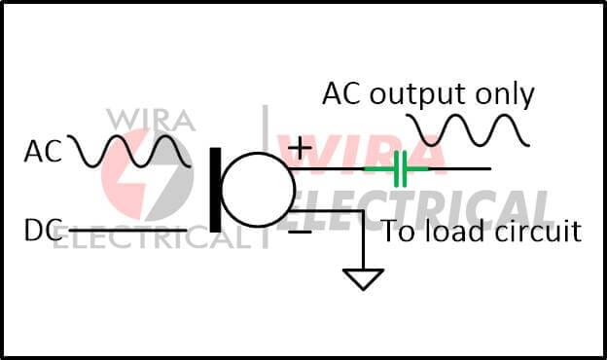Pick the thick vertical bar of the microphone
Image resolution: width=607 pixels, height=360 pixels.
point(215,189)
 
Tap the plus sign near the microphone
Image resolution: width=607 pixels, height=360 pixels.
point(301,147)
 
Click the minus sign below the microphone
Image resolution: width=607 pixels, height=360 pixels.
point(301,233)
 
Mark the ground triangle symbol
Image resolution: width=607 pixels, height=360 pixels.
point(364,278)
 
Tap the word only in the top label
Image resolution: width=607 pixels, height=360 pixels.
point(508,94)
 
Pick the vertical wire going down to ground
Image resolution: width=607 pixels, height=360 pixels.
point(364,239)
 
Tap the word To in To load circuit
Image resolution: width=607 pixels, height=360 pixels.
point(399,232)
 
